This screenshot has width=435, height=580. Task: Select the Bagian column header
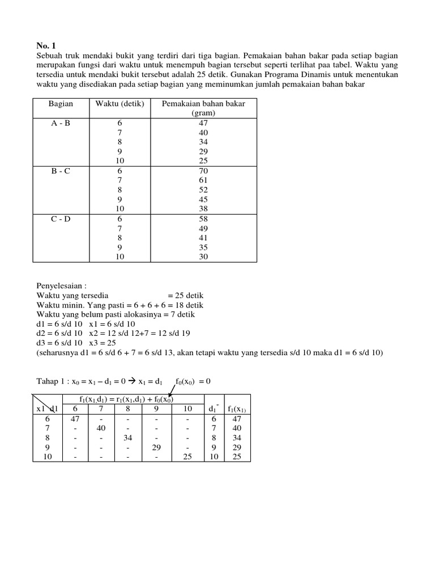tap(59, 104)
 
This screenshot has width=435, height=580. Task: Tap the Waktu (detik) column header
tap(120, 104)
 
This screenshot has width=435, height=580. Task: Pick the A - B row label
tap(59, 122)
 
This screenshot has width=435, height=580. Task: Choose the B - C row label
tap(59, 170)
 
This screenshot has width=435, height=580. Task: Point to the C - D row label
tap(59, 218)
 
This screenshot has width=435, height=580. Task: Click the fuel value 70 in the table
tap(203, 170)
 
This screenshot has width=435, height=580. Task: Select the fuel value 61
tap(203, 180)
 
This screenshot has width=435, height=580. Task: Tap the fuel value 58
tap(203, 218)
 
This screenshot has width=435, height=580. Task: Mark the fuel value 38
tap(203, 208)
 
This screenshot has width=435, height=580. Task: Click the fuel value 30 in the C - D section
tap(203, 256)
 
